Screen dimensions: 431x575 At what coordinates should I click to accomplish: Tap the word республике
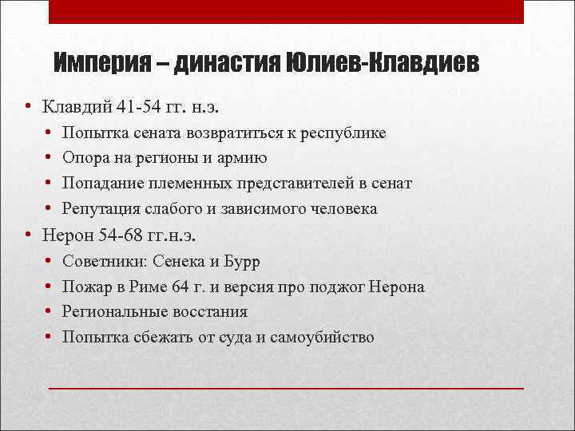tap(343, 132)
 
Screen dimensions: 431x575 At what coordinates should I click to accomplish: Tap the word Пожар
tap(85, 287)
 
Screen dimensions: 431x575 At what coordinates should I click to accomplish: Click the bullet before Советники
tap(49, 261)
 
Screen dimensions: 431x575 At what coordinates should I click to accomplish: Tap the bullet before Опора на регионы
tap(49, 158)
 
